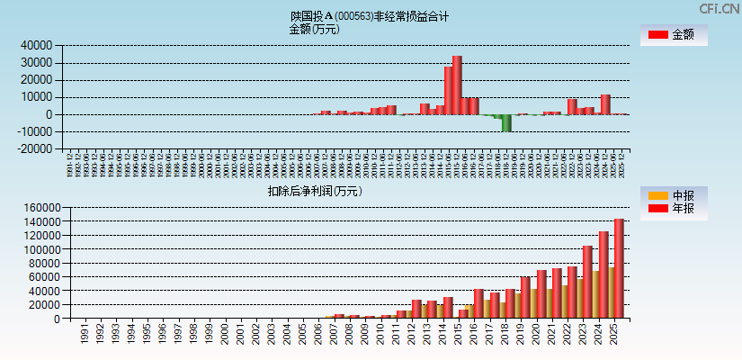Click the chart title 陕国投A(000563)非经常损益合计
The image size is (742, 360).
[x=369, y=16]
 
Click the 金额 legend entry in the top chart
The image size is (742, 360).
[x=674, y=35]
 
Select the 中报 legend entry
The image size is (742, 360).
[x=674, y=195]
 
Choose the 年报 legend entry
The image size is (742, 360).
[x=674, y=209]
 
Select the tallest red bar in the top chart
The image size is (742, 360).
[x=457, y=85]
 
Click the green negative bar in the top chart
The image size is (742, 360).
[x=506, y=122]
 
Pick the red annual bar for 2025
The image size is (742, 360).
[x=619, y=268]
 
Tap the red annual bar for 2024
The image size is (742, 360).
[x=603, y=274]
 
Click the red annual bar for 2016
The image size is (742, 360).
[x=479, y=303]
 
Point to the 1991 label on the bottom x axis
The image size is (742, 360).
[x=84, y=335]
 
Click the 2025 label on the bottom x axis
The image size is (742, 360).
[x=613, y=335]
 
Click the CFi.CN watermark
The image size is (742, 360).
[x=719, y=9]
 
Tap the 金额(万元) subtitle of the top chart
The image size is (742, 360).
[x=314, y=29]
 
